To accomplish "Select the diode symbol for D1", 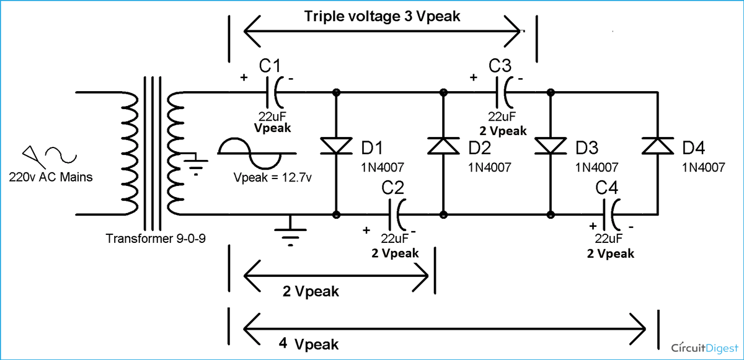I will pos(336,146).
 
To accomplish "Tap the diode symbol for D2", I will pos(443,146).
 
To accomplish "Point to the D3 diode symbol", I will pos(550,146).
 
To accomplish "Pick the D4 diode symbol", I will pos(656,146).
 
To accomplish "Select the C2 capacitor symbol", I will pos(397,216).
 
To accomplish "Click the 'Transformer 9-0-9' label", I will pos(156,239).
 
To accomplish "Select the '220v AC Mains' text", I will pos(51,177).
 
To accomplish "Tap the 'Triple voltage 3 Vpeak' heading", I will pos(382,17).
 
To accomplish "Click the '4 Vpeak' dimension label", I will pos(308,344).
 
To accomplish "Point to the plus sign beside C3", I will pos(474,78).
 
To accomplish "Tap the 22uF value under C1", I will pos(272,116).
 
